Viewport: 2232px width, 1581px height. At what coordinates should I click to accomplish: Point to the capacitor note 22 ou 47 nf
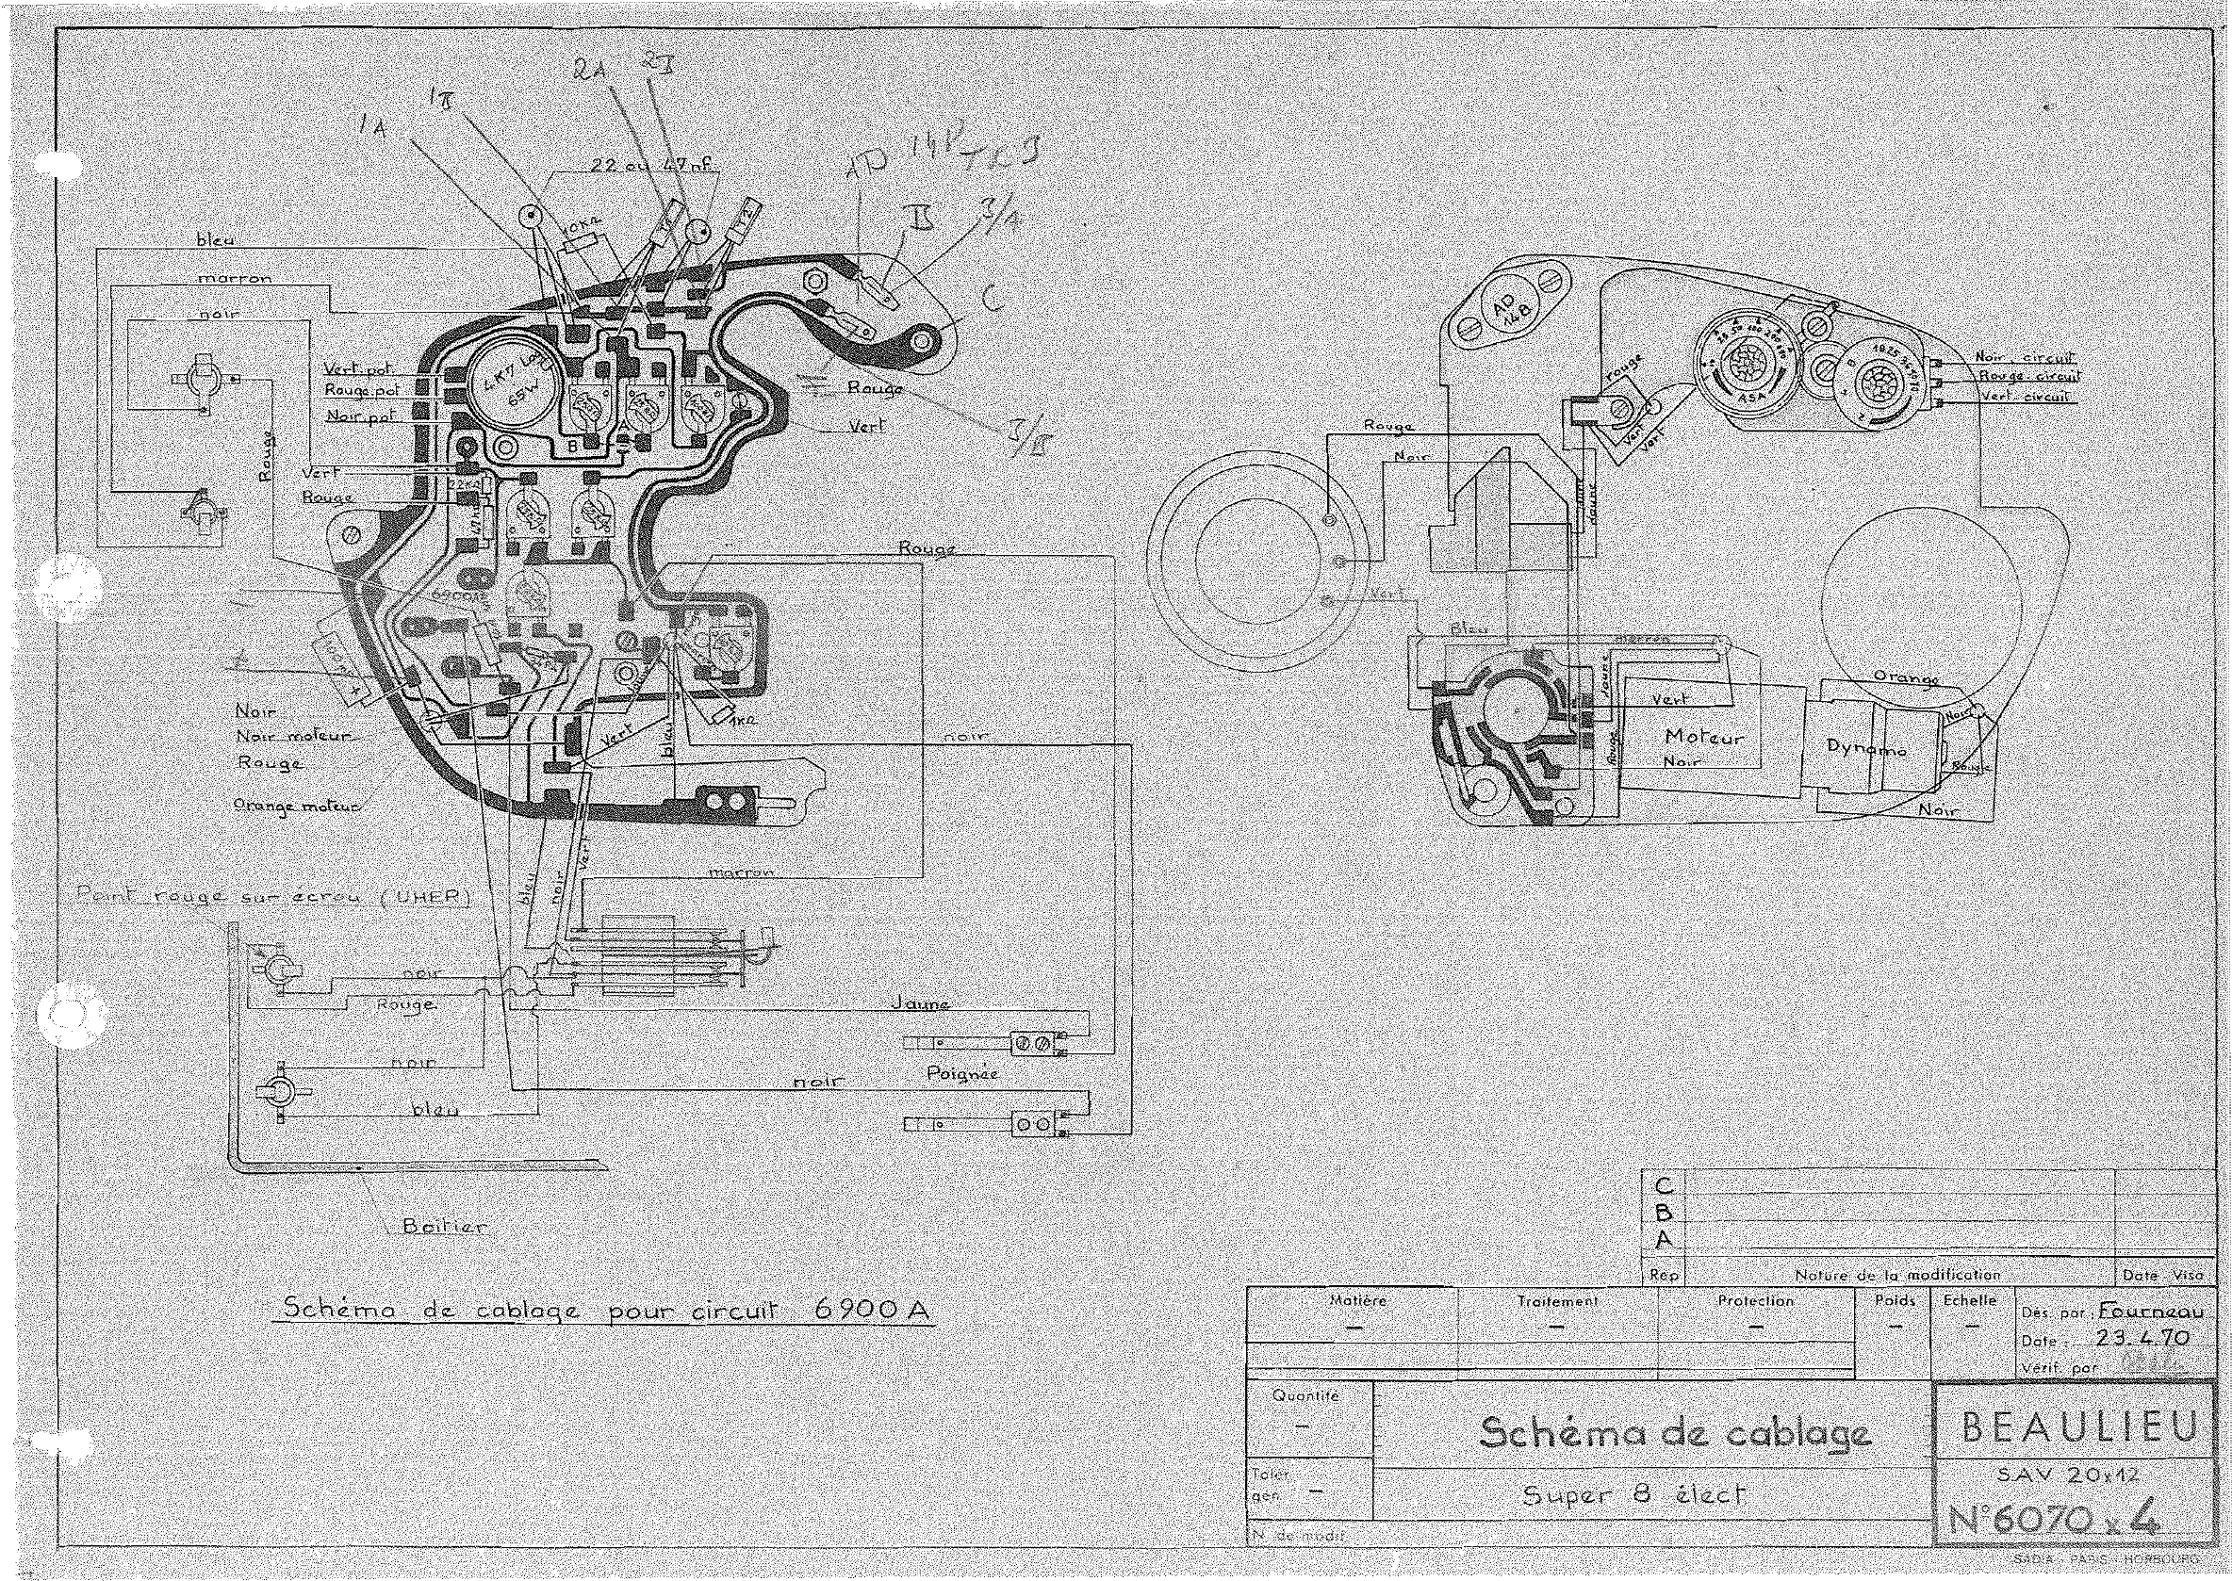[652, 167]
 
